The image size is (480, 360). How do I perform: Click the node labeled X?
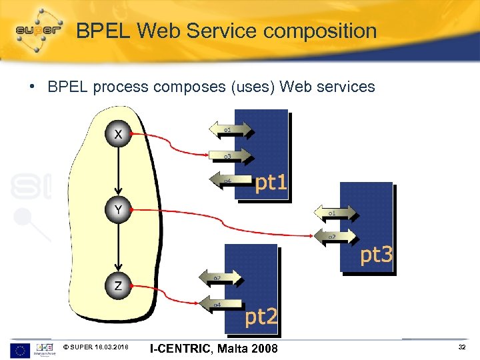[118, 135]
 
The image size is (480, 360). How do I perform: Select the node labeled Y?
[118, 210]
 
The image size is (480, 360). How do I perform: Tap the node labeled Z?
[118, 286]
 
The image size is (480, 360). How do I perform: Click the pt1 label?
[271, 183]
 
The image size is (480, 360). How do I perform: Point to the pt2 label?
[261, 317]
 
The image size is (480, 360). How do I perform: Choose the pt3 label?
[376, 255]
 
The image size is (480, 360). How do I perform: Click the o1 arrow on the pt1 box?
[231, 129]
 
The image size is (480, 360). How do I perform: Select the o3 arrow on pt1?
[231, 156]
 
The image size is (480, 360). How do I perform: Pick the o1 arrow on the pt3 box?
[336, 213]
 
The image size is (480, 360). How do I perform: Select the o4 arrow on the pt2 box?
[220, 305]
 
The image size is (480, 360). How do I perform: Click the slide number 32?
[462, 348]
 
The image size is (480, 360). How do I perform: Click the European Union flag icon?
[19, 349]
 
